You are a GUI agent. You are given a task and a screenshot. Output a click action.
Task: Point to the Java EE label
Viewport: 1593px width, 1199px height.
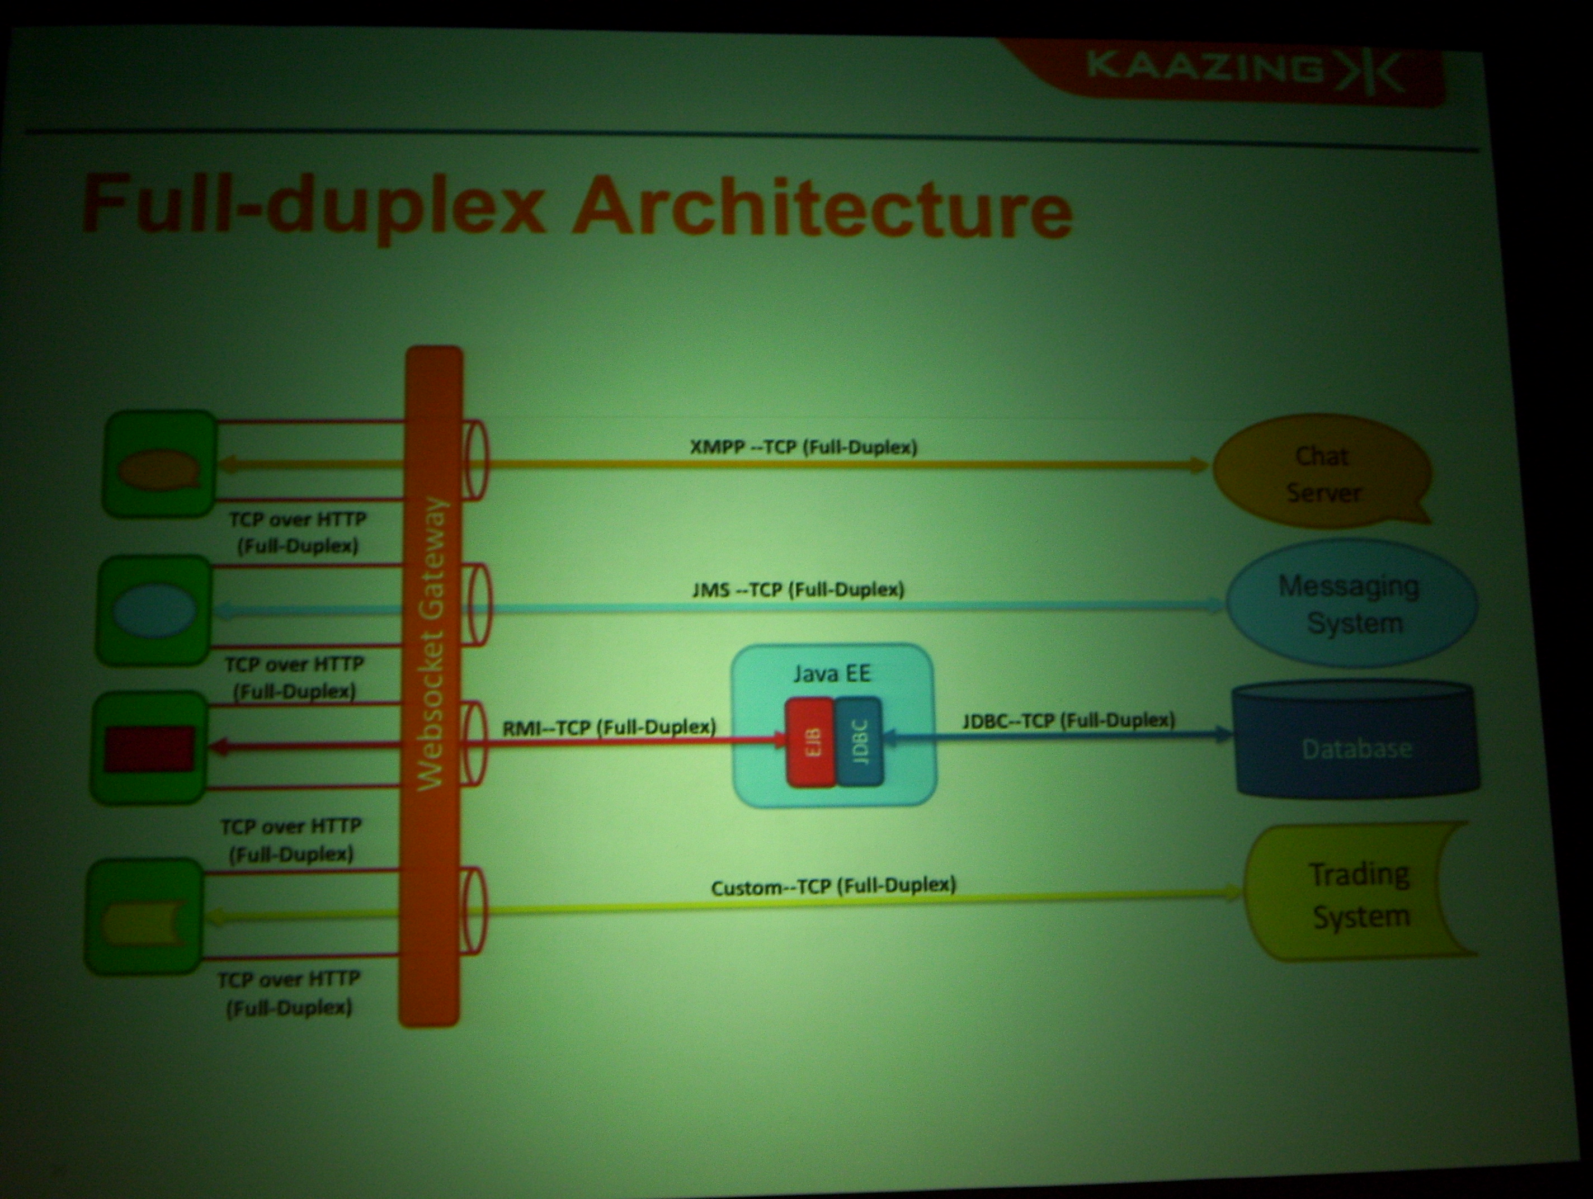coord(832,674)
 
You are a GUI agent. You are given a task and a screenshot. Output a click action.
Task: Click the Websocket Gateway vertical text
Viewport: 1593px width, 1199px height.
coord(432,644)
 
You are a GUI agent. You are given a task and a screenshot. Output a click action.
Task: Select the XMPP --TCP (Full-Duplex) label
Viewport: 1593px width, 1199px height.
coord(804,447)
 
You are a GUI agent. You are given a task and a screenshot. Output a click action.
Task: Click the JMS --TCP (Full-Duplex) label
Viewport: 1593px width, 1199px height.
coord(798,590)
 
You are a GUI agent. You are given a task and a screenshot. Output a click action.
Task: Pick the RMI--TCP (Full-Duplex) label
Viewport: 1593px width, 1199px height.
coord(609,728)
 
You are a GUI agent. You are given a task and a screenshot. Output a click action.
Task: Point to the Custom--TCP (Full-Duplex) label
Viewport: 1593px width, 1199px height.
coord(833,886)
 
